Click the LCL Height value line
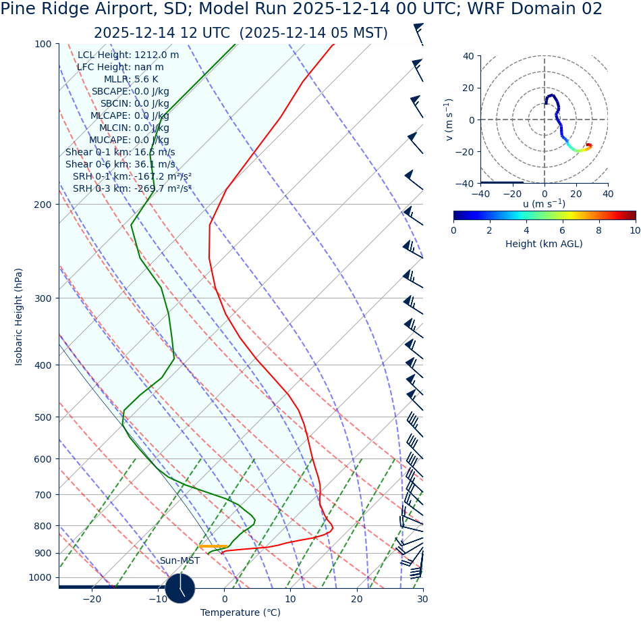point(128,55)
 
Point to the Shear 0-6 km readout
point(120,165)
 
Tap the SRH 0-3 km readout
point(132,189)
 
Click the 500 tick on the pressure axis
point(43,417)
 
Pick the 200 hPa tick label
point(43,205)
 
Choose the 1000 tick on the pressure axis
point(40,578)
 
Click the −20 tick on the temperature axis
point(92,599)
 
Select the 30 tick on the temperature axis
point(422,599)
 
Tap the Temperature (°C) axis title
point(240,613)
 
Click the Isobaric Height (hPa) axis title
point(19,317)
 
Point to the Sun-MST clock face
point(180,588)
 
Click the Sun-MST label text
point(179,561)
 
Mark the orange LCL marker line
point(213,546)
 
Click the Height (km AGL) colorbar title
point(544,244)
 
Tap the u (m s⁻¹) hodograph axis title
point(544,204)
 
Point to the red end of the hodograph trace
point(588,145)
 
